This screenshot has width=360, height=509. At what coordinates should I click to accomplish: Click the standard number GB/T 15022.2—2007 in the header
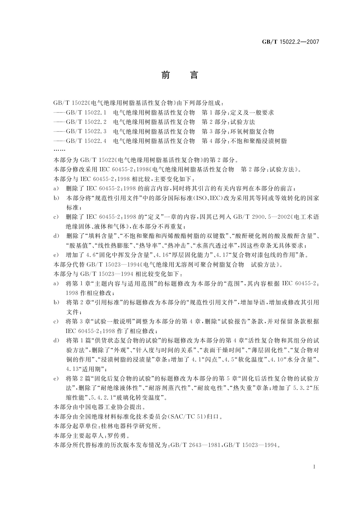tap(290, 42)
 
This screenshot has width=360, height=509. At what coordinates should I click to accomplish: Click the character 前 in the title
tap(166, 75)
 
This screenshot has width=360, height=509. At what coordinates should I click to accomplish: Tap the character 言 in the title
tap(194, 75)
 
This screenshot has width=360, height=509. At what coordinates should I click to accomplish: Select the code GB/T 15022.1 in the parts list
tap(86, 113)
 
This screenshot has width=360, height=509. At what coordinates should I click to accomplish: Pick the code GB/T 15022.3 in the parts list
tap(86, 131)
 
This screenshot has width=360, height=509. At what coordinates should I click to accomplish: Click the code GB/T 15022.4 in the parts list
tap(86, 141)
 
